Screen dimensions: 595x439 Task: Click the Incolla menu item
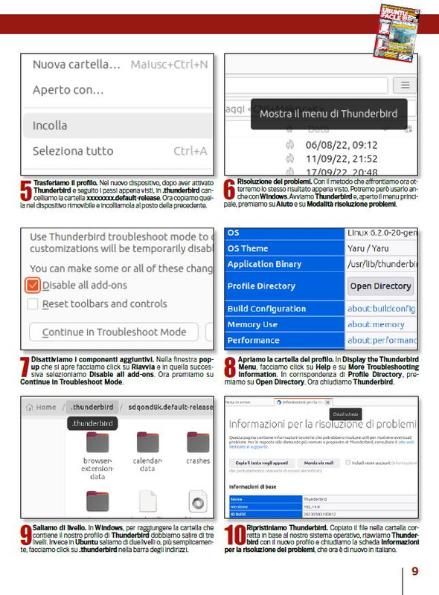pos(50,126)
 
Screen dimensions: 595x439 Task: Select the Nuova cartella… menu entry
pos(76,65)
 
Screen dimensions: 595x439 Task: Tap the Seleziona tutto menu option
pos(73,151)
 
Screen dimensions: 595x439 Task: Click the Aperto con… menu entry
pos(68,90)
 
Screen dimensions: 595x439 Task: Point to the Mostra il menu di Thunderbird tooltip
pos(328,114)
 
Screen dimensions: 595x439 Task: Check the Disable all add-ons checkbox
pos(33,285)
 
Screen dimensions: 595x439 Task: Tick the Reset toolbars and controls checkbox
pos(33,303)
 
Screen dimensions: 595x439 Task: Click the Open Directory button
pos(380,286)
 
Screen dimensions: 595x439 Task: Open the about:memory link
pos(375,324)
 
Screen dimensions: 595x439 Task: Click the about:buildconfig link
pos(381,308)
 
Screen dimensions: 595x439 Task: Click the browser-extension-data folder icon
pos(97,442)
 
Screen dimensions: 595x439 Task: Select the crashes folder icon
pos(198,442)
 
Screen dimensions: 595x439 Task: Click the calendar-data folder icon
pos(147,442)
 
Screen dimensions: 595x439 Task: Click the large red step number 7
pos(25,367)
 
